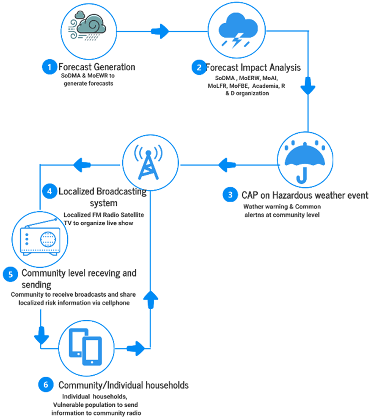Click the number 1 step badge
[x=50, y=67]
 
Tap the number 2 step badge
[x=199, y=67]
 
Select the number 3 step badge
[x=230, y=195]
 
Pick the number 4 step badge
[x=50, y=191]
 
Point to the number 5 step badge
[x=11, y=274]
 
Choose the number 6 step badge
[x=46, y=385]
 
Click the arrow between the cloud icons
[x=160, y=31]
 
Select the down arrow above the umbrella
[x=308, y=86]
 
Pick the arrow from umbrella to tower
[x=227, y=165]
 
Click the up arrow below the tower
[x=150, y=300]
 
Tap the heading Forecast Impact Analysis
[x=253, y=67]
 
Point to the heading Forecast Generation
[x=97, y=67]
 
